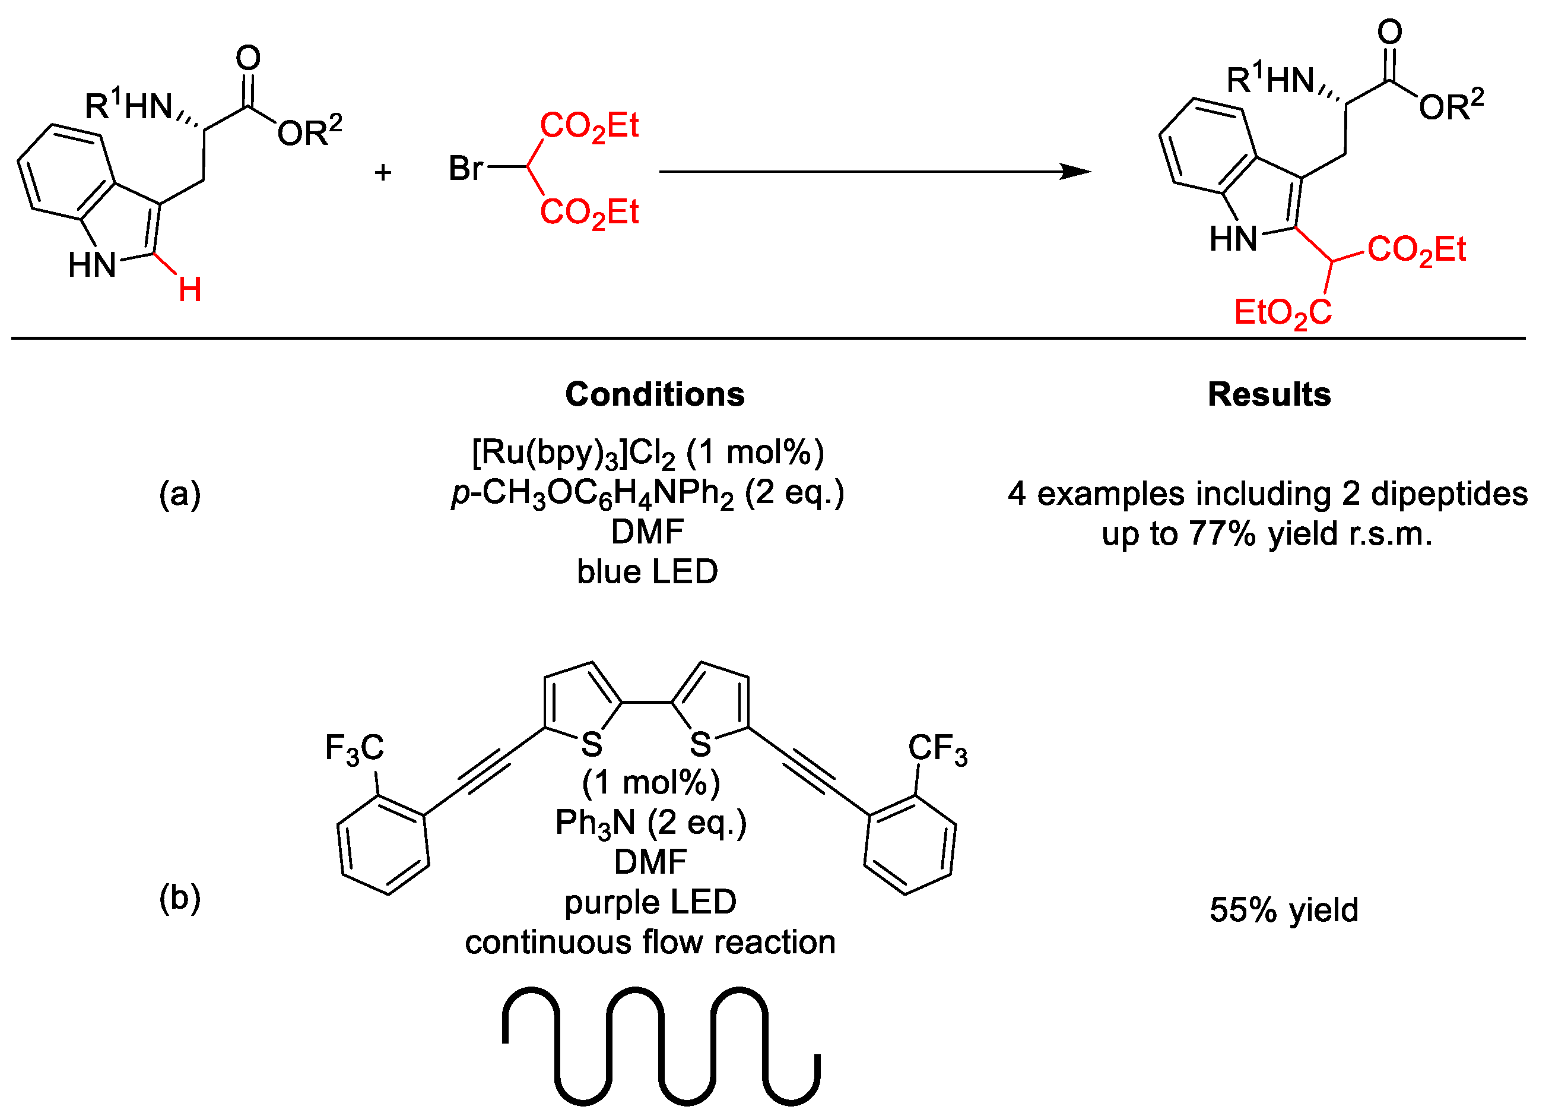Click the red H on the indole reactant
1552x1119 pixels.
[x=189, y=290]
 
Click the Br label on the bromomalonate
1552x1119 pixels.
[x=466, y=167]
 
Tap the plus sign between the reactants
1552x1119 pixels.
[x=383, y=172]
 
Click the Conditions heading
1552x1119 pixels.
[x=655, y=394]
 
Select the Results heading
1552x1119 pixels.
[x=1269, y=394]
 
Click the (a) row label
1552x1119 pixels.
[x=180, y=494]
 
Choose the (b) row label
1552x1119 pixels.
[x=180, y=898]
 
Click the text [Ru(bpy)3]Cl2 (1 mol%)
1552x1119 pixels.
[x=648, y=453]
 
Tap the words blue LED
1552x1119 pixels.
[x=648, y=572]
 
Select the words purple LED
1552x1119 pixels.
[x=650, y=902]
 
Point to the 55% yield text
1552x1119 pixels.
[x=1284, y=910]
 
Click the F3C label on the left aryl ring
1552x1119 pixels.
[x=354, y=748]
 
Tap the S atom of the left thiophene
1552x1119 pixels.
[x=592, y=744]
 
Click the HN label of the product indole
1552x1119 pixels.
[x=1233, y=239]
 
